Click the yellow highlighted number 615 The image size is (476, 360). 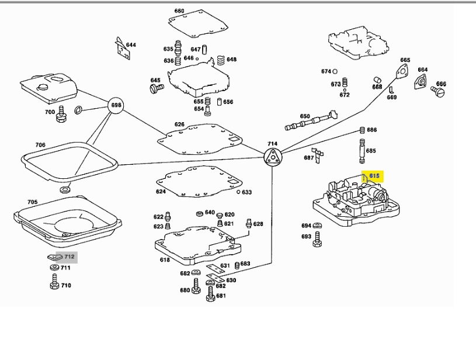[x=374, y=176]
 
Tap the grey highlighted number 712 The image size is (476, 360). [x=70, y=256]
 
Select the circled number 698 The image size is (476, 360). [x=116, y=106]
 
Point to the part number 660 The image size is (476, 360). [x=179, y=11]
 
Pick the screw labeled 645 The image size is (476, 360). [x=156, y=89]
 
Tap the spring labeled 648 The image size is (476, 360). [x=220, y=60]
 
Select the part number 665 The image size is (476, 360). [x=405, y=60]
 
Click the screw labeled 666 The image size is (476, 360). [x=439, y=91]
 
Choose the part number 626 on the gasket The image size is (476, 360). [x=179, y=124]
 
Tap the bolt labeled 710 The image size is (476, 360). [x=53, y=285]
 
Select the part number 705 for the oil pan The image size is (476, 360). [x=33, y=202]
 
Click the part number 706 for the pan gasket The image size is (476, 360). [x=40, y=144]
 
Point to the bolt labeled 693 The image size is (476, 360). [x=318, y=237]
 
